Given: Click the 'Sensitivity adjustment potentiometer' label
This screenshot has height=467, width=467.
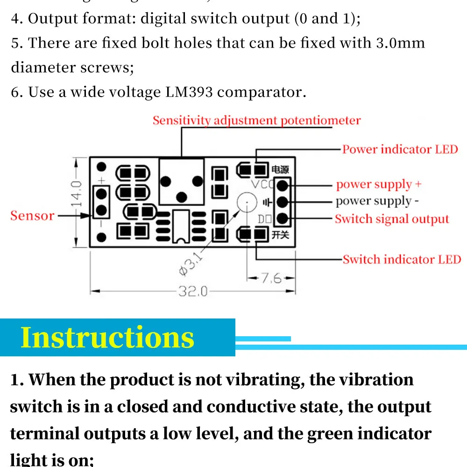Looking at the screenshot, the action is pyautogui.click(x=256, y=120).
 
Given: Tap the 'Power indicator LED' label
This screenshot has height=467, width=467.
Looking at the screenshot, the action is pyautogui.click(x=400, y=149).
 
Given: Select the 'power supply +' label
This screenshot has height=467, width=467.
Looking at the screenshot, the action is pyautogui.click(x=379, y=184).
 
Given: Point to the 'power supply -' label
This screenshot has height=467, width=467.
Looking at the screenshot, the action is pyautogui.click(x=374, y=201).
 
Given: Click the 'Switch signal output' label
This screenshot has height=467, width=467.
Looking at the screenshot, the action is pyautogui.click(x=391, y=219).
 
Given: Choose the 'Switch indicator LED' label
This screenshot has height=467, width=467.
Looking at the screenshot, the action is pyautogui.click(x=402, y=260).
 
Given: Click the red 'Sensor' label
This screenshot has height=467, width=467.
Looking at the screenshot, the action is pyautogui.click(x=32, y=216).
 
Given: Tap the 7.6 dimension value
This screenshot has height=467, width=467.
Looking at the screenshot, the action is pyautogui.click(x=271, y=278).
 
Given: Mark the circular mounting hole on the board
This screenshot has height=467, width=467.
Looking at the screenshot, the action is pyautogui.click(x=245, y=202).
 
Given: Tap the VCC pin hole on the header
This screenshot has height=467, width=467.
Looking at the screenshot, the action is pyautogui.click(x=282, y=185).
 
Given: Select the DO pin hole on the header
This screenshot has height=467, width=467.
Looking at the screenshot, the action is pyautogui.click(x=282, y=218).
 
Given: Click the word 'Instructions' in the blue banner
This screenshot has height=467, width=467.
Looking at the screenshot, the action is pyautogui.click(x=107, y=337).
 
